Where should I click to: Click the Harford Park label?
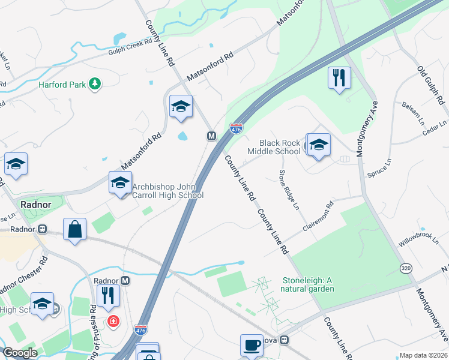[62, 85]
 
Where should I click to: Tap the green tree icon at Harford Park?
[94, 83]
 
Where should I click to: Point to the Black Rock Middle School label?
[280, 147]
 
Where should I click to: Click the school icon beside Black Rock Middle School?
[319, 145]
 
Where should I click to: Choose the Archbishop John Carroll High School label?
[167, 191]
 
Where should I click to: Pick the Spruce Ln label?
[379, 167]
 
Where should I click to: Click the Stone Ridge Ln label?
[288, 190]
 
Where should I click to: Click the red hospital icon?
[112, 322]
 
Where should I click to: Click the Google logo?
[20, 353]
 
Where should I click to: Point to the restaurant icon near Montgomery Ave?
[339, 78]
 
